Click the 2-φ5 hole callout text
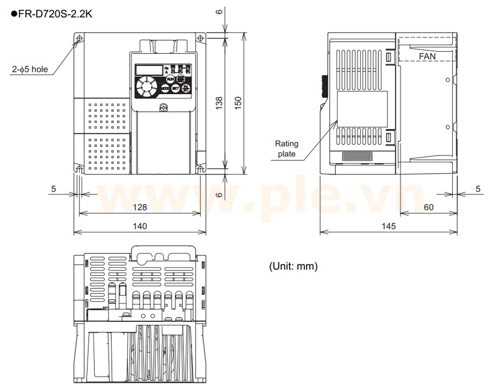point(30,69)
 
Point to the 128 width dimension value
point(140,207)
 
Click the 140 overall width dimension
point(140,226)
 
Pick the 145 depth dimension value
point(388,226)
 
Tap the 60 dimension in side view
point(428,207)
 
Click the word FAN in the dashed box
point(427,56)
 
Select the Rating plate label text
point(286,148)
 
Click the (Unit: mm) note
point(293,267)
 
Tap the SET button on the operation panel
point(175,88)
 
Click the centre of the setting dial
point(146,87)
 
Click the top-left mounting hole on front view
point(79,38)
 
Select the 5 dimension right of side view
point(477,189)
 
